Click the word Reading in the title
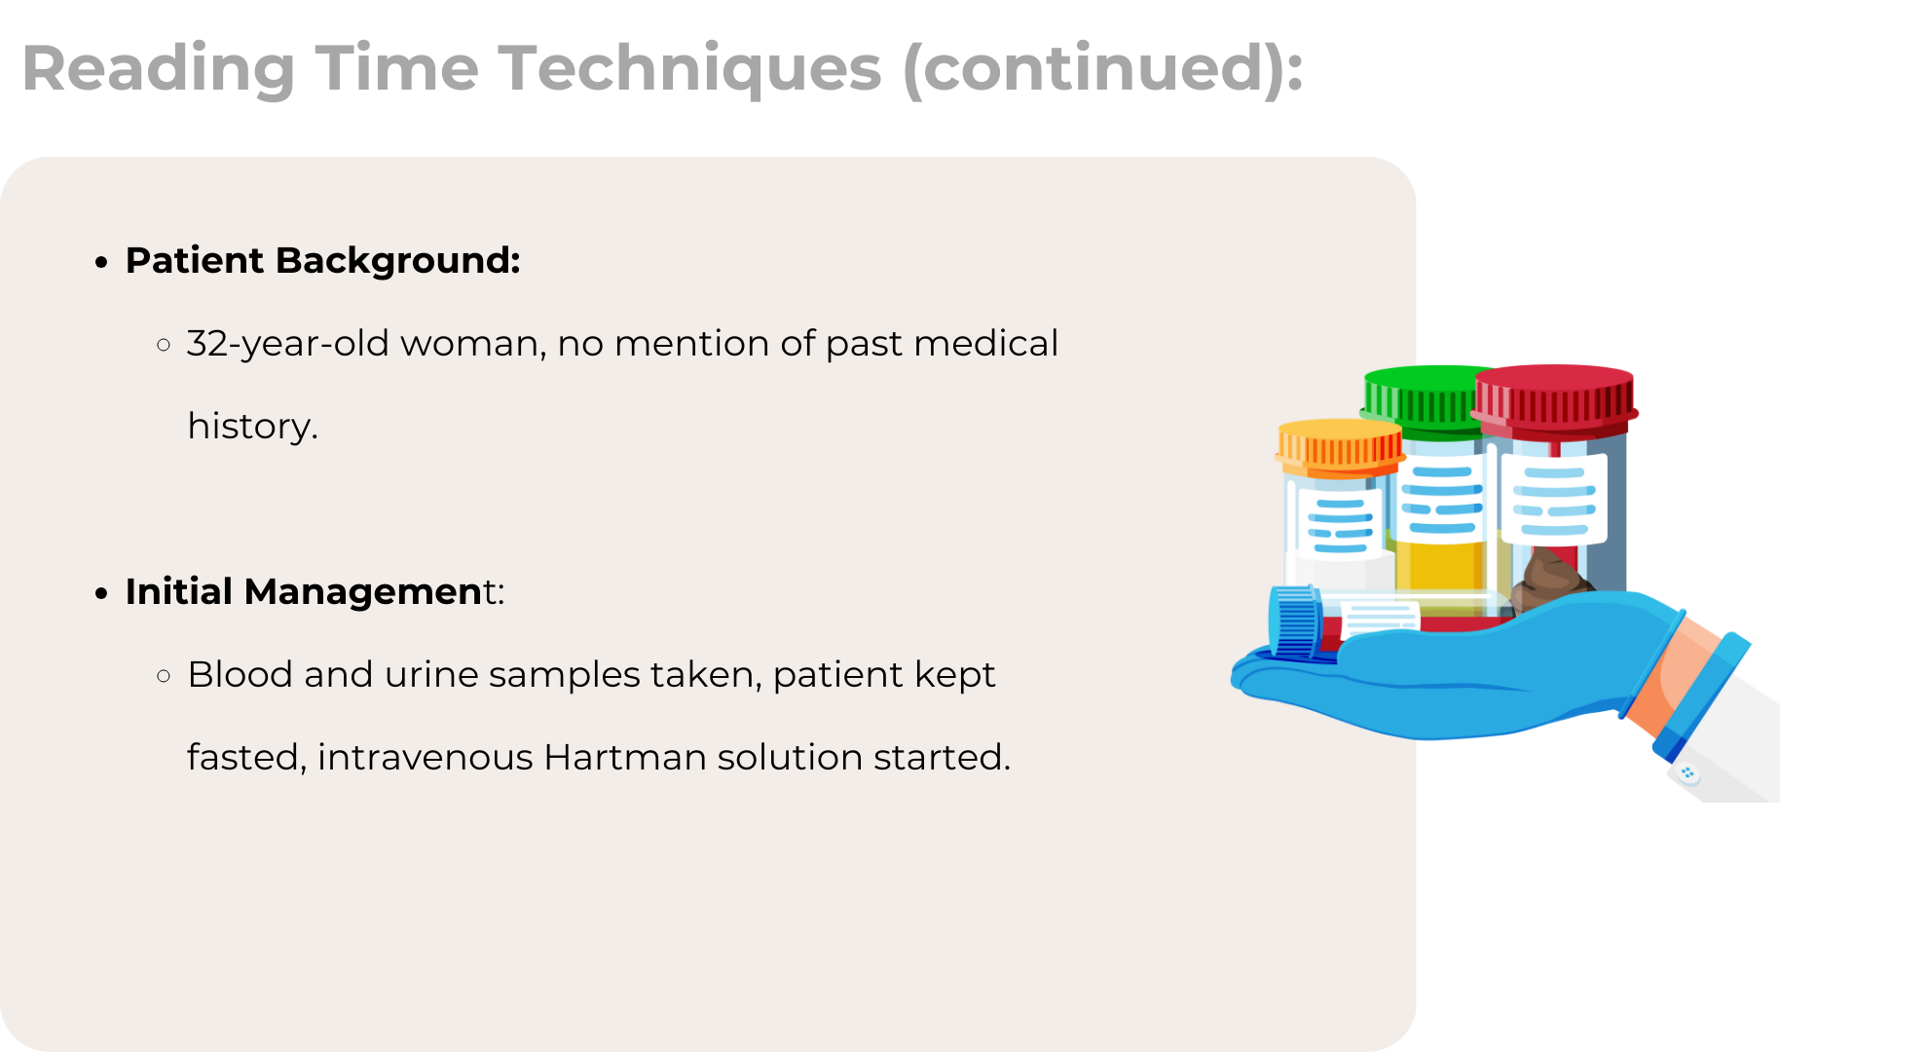[x=159, y=70]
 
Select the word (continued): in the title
[x=1103, y=70]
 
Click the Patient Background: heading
[x=323, y=261]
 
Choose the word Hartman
[x=625, y=757]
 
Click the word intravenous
[x=426, y=757]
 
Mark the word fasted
[x=246, y=758]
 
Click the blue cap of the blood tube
[x=1295, y=623]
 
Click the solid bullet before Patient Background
[x=101, y=262]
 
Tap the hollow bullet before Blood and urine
[x=164, y=675]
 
